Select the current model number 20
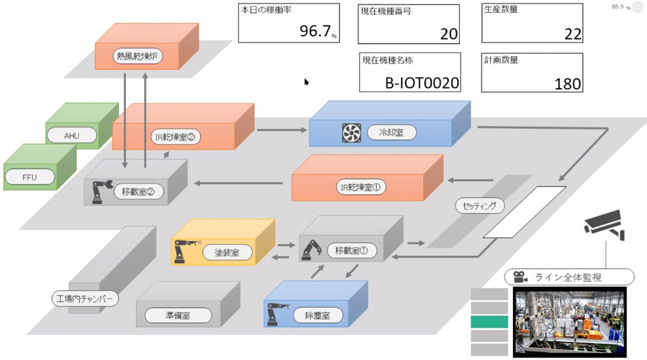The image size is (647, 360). coord(448,34)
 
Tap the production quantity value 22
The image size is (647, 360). coord(573,34)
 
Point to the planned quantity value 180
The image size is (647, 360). coord(567,84)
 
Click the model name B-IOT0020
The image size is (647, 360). coord(422,83)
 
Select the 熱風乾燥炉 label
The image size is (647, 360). coord(137,56)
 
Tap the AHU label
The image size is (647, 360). coord(72,135)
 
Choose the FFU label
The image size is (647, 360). coord(30,175)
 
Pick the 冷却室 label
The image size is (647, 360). coord(392,133)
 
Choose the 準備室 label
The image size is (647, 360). coord(178,315)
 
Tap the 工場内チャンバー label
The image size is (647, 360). coord(85,298)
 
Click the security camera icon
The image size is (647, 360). coord(605,223)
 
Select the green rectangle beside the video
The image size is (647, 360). coord(488,322)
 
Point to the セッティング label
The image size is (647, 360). coord(479,207)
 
